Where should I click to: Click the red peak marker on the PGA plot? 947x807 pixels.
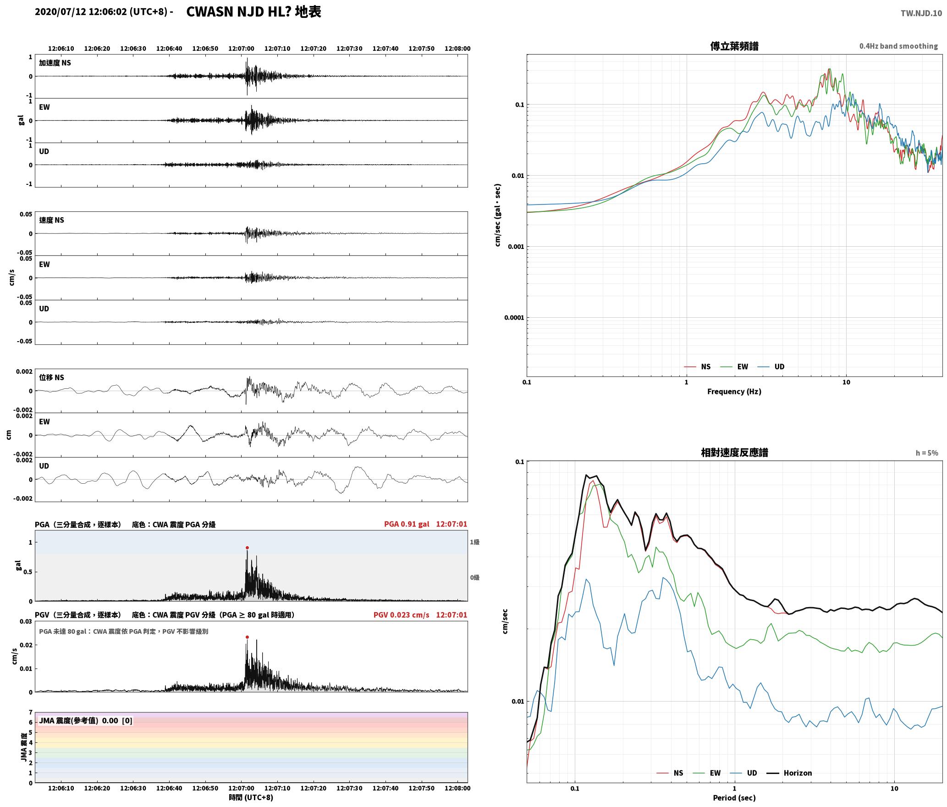tap(247, 547)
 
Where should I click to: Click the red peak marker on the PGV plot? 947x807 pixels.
tap(247, 637)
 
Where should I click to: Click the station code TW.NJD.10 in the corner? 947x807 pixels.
tap(921, 13)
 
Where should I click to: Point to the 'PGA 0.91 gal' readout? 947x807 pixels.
tap(407, 524)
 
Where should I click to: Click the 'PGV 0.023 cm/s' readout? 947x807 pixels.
tap(402, 615)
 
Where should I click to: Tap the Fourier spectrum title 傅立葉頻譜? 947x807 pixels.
tap(734, 46)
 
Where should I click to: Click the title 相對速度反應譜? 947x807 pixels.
tap(734, 453)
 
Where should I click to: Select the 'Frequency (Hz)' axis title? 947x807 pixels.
tap(734, 391)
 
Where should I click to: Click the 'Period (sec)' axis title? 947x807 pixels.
tap(734, 798)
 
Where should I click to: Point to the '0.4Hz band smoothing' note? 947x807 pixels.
tap(898, 46)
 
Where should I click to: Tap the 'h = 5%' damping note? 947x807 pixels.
tap(927, 453)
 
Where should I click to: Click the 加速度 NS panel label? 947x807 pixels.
tap(55, 63)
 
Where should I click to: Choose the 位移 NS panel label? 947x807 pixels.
tap(52, 377)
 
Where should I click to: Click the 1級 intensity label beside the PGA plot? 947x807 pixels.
tap(474, 542)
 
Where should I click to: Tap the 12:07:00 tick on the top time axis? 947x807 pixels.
tap(241, 48)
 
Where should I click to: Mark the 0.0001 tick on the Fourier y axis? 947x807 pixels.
tap(514, 317)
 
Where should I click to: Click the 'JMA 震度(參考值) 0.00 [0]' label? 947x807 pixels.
tap(86, 720)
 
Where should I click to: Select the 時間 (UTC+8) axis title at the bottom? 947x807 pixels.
tap(251, 797)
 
